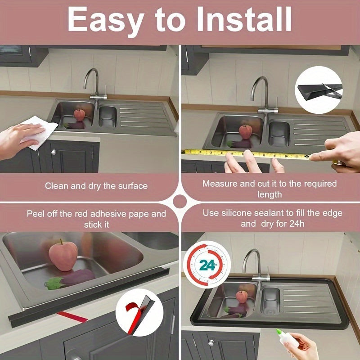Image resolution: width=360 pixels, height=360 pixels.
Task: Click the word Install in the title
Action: click(x=244, y=19)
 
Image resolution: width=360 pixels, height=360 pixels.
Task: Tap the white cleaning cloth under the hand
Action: click(x=40, y=132)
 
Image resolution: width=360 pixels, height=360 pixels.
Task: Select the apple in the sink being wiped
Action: click(x=80, y=115)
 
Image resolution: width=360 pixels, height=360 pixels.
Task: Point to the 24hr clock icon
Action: click(x=207, y=265)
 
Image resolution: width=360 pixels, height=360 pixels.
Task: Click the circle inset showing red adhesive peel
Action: click(x=139, y=312)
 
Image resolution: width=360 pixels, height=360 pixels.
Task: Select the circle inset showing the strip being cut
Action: click(x=319, y=90)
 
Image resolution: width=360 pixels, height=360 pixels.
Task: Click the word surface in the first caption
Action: click(x=133, y=186)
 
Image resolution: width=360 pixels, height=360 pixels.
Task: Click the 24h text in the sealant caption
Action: click(x=297, y=224)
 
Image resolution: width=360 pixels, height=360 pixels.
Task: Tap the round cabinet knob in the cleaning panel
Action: click(x=54, y=152)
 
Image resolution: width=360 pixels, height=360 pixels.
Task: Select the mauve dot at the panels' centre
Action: click(x=180, y=202)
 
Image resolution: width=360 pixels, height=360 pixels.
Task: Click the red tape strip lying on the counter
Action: click(x=72, y=317)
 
